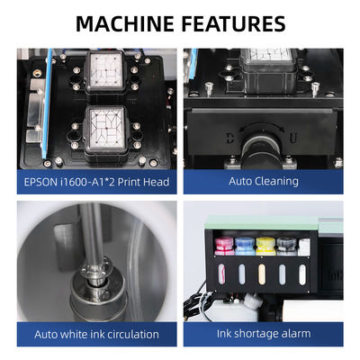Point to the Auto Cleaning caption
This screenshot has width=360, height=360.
[264, 181]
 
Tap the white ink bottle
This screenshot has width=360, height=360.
[303, 246]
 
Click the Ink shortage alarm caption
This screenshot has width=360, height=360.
[264, 334]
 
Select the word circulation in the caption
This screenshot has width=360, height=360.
[130, 334]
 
